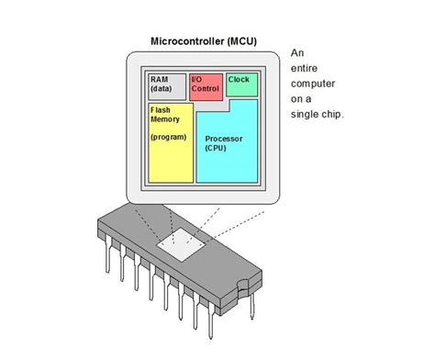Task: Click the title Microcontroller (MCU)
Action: coord(205,41)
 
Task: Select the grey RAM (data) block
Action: coord(165,86)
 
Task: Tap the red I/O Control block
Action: coord(205,85)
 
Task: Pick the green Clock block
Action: coord(241,84)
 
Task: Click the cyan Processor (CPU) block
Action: coord(227,147)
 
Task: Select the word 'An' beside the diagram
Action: coord(297,53)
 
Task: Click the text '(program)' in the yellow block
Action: coord(170,136)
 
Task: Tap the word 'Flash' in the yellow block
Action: coord(161,108)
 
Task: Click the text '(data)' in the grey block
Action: coord(162,90)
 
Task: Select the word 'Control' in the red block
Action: coord(206,90)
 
